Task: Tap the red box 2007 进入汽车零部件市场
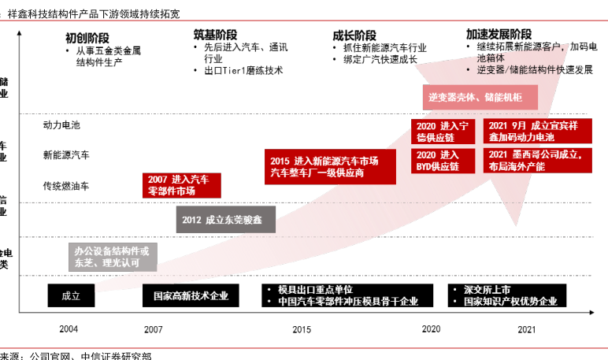point(182,185)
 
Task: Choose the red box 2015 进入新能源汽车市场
point(324,165)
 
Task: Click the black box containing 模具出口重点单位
point(347,295)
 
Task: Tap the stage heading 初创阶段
point(87,37)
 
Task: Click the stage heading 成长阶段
point(354,35)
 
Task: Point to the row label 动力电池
point(61,124)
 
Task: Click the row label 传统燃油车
point(66,186)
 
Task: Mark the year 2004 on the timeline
point(69,329)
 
